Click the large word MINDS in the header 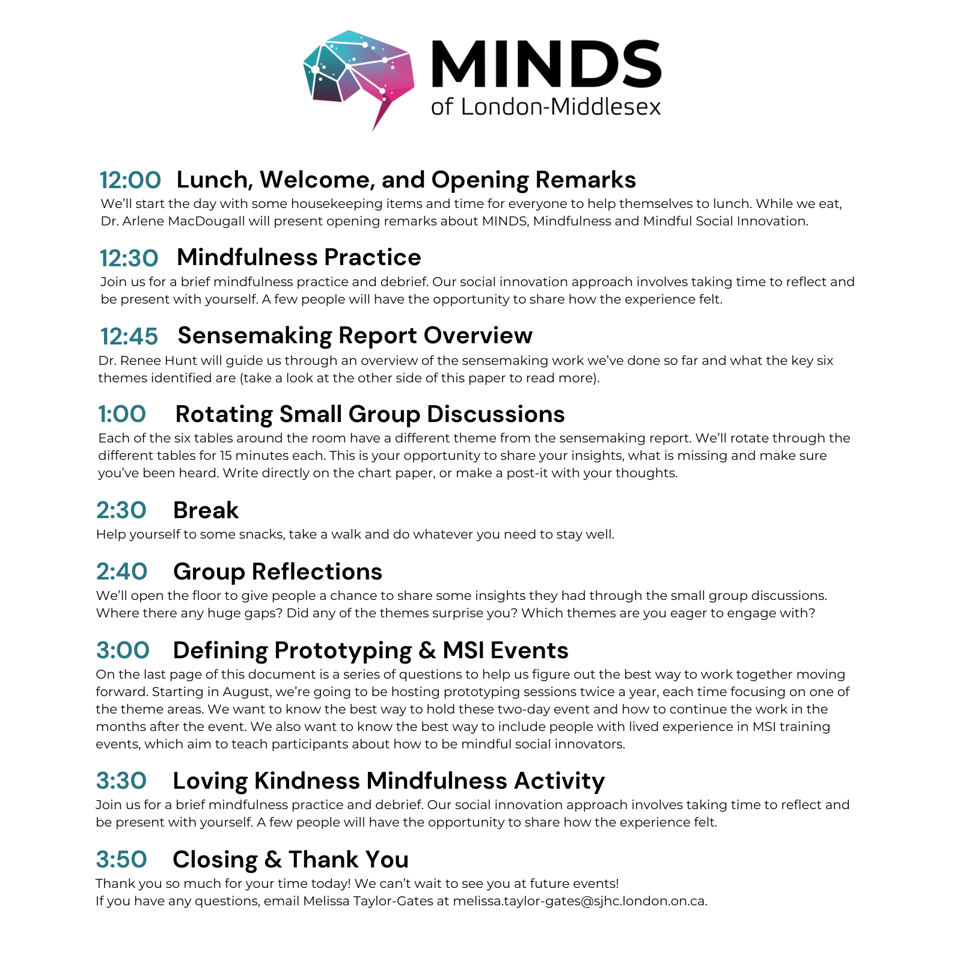click(x=546, y=64)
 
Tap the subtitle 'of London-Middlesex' click(x=545, y=108)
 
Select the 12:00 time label click(x=130, y=180)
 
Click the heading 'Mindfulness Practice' click(x=299, y=257)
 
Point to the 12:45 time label click(x=129, y=337)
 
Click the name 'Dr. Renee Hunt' click(x=148, y=361)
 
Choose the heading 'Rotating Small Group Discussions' click(x=370, y=414)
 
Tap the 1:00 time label click(x=122, y=414)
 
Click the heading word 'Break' click(x=206, y=510)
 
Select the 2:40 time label click(x=121, y=572)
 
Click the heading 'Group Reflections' click(x=277, y=572)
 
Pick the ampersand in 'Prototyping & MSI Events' click(x=427, y=650)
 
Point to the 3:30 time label click(x=121, y=781)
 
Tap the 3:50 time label click(x=121, y=860)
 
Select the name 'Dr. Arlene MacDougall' click(x=173, y=221)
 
